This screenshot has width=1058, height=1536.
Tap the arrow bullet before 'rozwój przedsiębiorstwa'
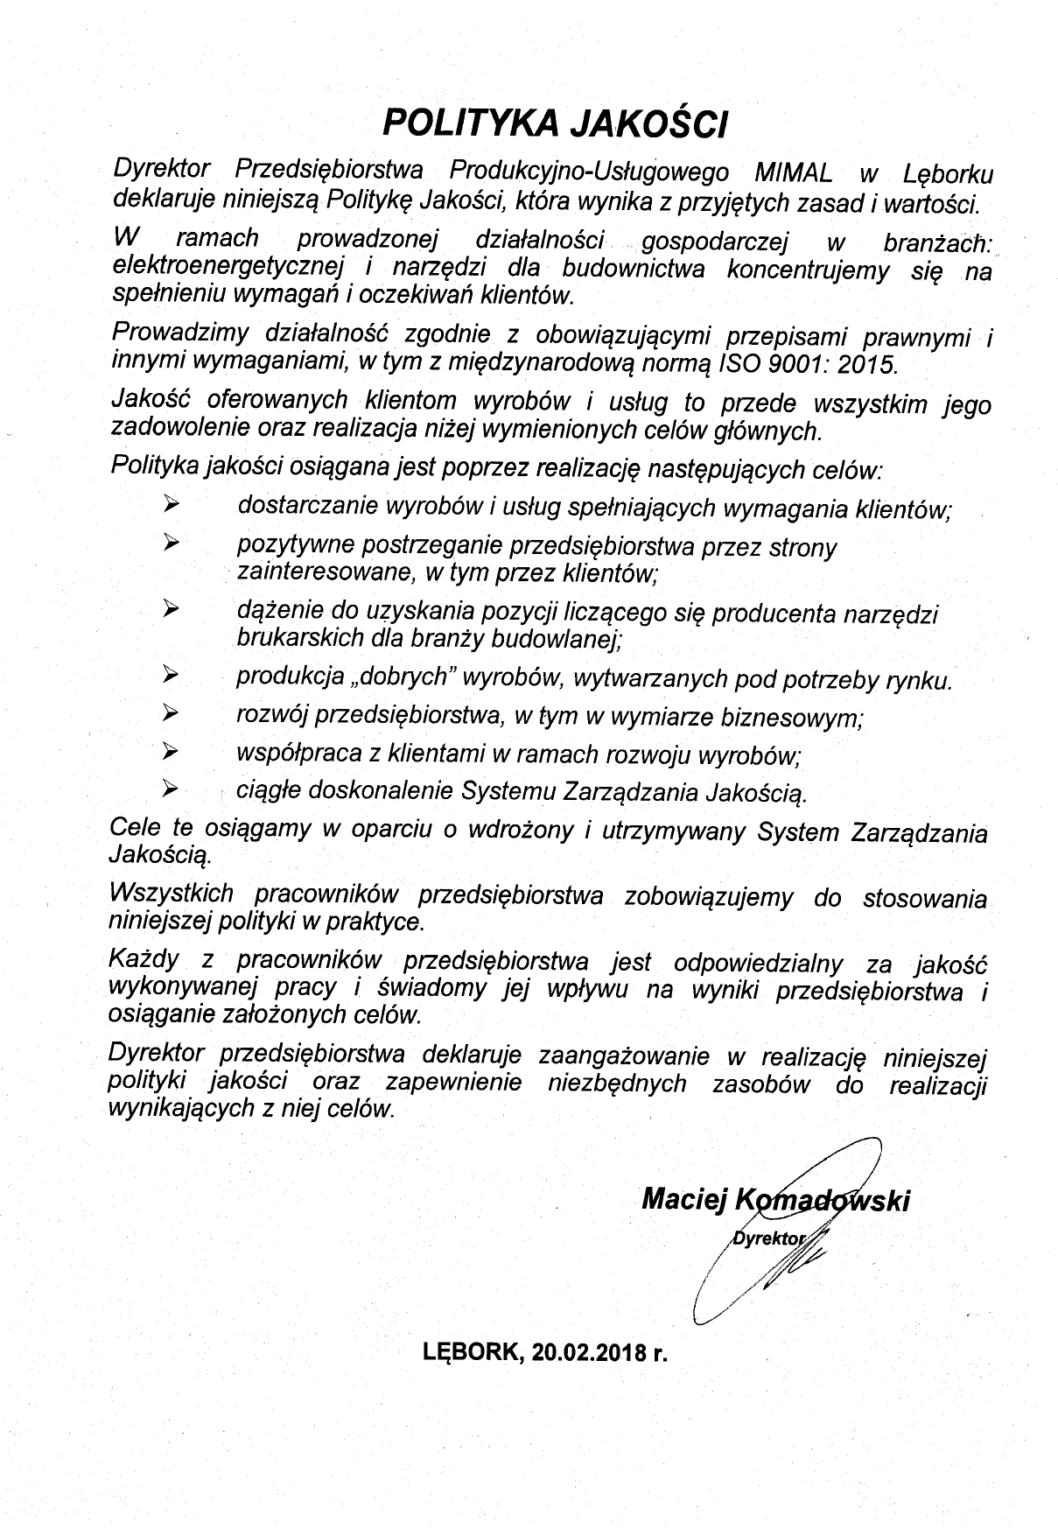coord(171,712)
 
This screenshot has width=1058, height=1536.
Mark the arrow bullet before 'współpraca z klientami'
coord(171,750)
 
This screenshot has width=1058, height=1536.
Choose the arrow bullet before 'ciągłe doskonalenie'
coord(171,789)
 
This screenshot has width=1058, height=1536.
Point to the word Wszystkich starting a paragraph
coord(172,894)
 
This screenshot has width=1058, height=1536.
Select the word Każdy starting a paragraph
coord(144,960)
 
